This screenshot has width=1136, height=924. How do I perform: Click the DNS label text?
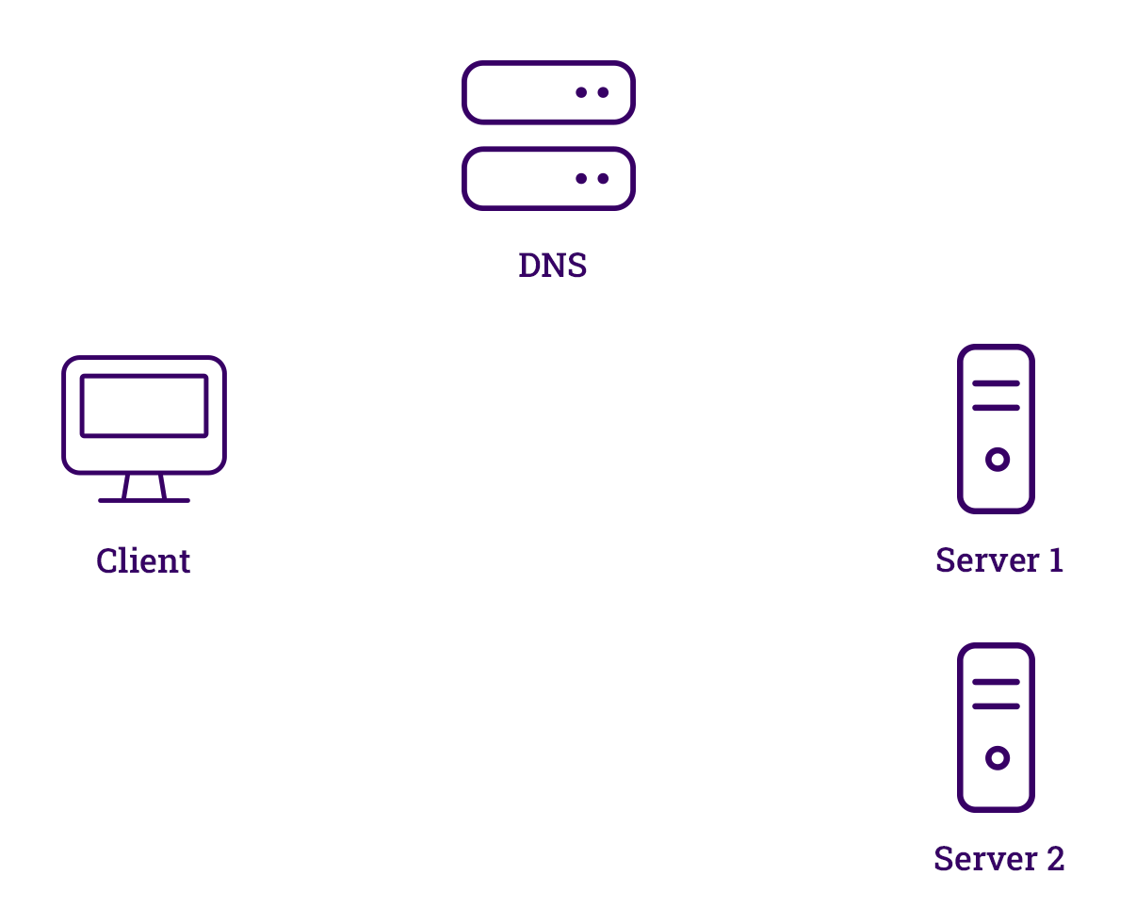552,266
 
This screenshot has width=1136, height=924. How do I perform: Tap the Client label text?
143,561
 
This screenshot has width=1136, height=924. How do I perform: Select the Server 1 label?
998,560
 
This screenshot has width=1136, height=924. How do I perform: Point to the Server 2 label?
998,859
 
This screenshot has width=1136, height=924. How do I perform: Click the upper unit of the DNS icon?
548,92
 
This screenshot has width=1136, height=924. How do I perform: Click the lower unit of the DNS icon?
548,178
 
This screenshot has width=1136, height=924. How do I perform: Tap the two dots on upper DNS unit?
592,92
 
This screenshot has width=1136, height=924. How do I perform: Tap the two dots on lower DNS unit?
592,178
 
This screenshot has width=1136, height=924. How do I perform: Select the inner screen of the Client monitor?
144,406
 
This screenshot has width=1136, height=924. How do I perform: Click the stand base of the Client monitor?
144,499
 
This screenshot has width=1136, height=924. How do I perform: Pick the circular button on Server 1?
998,460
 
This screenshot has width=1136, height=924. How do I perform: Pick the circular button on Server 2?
998,758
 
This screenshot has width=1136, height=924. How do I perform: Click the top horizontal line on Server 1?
996,383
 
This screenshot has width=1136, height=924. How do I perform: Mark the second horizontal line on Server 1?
996,408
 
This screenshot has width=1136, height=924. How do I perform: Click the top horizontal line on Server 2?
996,682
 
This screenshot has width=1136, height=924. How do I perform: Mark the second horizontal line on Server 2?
996,706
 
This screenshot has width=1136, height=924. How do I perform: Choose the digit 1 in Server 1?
1056,560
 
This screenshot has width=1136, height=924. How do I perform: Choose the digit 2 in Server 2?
1055,859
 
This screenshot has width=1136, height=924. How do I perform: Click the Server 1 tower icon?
996,429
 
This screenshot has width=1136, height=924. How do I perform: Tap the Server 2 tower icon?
996,727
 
